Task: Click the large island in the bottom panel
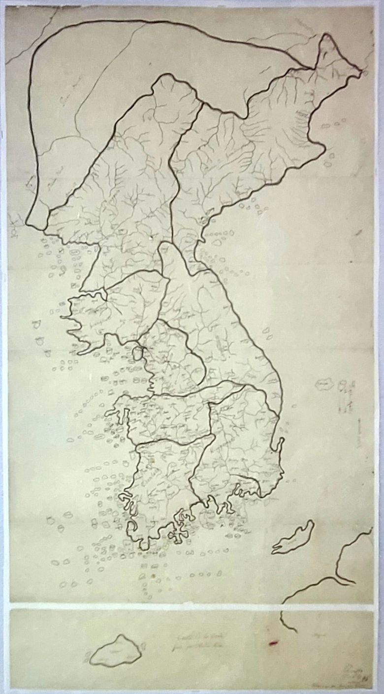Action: (x=114, y=651)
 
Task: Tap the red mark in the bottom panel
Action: (x=274, y=642)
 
